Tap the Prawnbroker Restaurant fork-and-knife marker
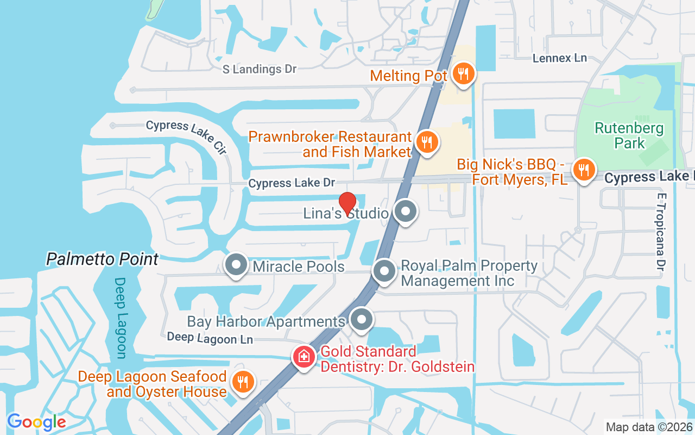click(x=427, y=142)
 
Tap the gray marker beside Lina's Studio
click(x=405, y=212)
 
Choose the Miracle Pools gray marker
click(x=236, y=265)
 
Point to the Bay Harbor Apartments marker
click(x=362, y=320)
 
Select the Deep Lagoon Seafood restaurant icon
click(x=243, y=382)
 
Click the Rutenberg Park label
click(x=629, y=136)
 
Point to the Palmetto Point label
click(x=102, y=259)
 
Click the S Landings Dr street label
click(x=260, y=69)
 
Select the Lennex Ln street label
click(x=560, y=58)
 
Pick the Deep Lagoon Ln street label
click(x=210, y=338)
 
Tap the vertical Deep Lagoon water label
click(x=120, y=318)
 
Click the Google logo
click(x=36, y=421)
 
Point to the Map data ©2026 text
click(x=649, y=427)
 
